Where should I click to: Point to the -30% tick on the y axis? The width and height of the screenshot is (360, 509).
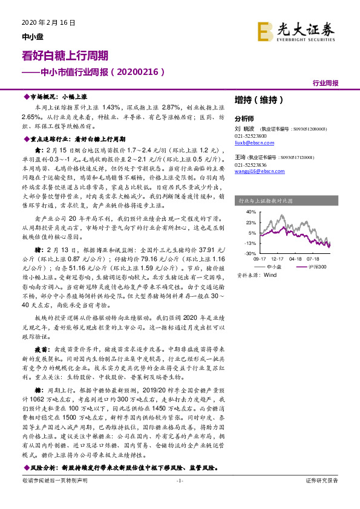[250, 253]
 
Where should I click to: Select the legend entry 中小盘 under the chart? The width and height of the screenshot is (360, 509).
[274, 266]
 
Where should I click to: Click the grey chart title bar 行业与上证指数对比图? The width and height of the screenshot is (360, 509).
[284, 199]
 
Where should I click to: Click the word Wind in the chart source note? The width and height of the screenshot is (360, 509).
[270, 275]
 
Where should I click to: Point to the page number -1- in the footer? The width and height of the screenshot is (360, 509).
[179, 480]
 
